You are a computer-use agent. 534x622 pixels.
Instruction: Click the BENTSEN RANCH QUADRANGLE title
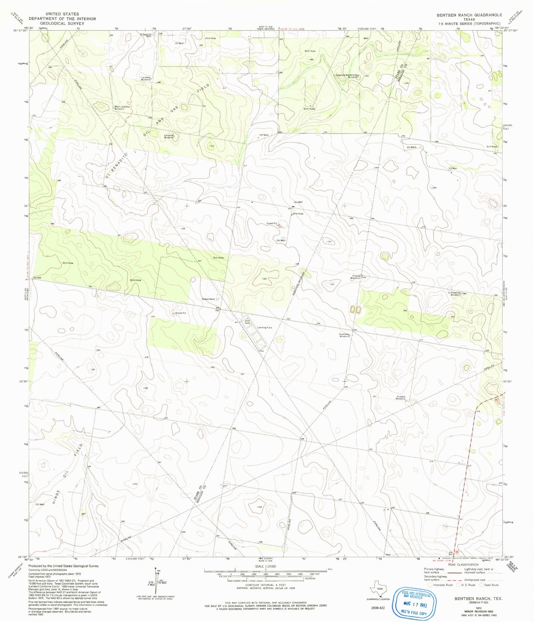click(469, 15)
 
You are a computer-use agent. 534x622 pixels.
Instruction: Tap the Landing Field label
click(265, 328)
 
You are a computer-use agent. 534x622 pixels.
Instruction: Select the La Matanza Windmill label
click(455, 294)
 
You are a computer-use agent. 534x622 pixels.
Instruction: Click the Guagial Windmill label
click(401, 398)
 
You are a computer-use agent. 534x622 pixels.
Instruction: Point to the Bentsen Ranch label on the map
click(208, 299)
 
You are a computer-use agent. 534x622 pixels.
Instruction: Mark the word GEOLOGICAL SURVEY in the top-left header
click(62, 23)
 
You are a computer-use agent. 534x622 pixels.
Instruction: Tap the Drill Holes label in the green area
click(309, 109)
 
